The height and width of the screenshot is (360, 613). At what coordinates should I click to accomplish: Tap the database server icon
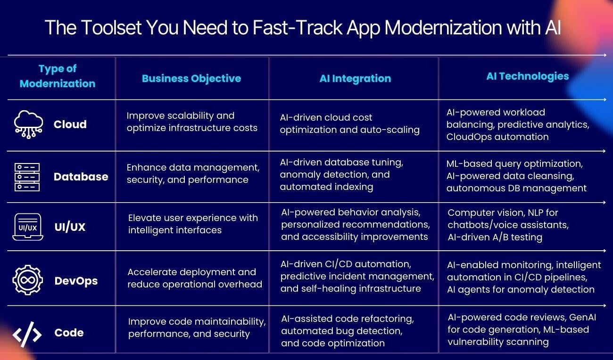27,177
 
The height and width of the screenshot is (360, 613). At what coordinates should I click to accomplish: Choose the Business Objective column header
191,79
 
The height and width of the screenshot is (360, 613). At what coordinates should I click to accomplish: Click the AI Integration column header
355,79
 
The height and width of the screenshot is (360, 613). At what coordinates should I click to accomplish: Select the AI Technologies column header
527,76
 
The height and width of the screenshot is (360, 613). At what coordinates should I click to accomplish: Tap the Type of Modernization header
58,76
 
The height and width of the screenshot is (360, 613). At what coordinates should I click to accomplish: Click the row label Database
81,177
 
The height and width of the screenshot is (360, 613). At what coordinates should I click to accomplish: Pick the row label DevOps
76,281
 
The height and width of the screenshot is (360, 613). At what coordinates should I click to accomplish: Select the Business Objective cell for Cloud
192,122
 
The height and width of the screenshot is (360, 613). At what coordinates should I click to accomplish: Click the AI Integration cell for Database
341,174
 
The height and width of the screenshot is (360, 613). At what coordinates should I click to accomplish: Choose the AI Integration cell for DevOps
357,276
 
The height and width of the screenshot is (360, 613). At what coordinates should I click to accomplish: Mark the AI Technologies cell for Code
521,329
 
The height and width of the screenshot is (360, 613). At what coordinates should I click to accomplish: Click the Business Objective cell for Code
197,327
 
